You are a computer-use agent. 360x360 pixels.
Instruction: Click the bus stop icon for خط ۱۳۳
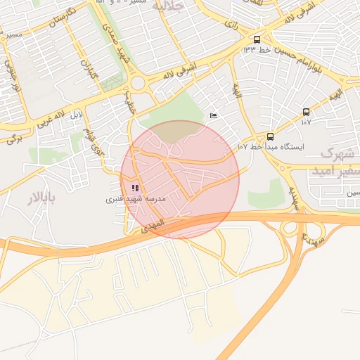257,39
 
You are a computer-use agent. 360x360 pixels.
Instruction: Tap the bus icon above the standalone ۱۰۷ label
306,112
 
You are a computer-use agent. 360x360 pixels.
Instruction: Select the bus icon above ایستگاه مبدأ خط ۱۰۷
271,136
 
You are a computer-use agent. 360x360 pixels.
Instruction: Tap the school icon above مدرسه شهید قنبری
135,188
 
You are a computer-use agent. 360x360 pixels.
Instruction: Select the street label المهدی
152,224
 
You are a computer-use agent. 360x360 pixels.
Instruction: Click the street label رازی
231,24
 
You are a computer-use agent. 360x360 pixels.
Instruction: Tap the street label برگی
14,137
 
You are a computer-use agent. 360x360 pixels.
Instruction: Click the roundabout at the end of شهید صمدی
138,82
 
